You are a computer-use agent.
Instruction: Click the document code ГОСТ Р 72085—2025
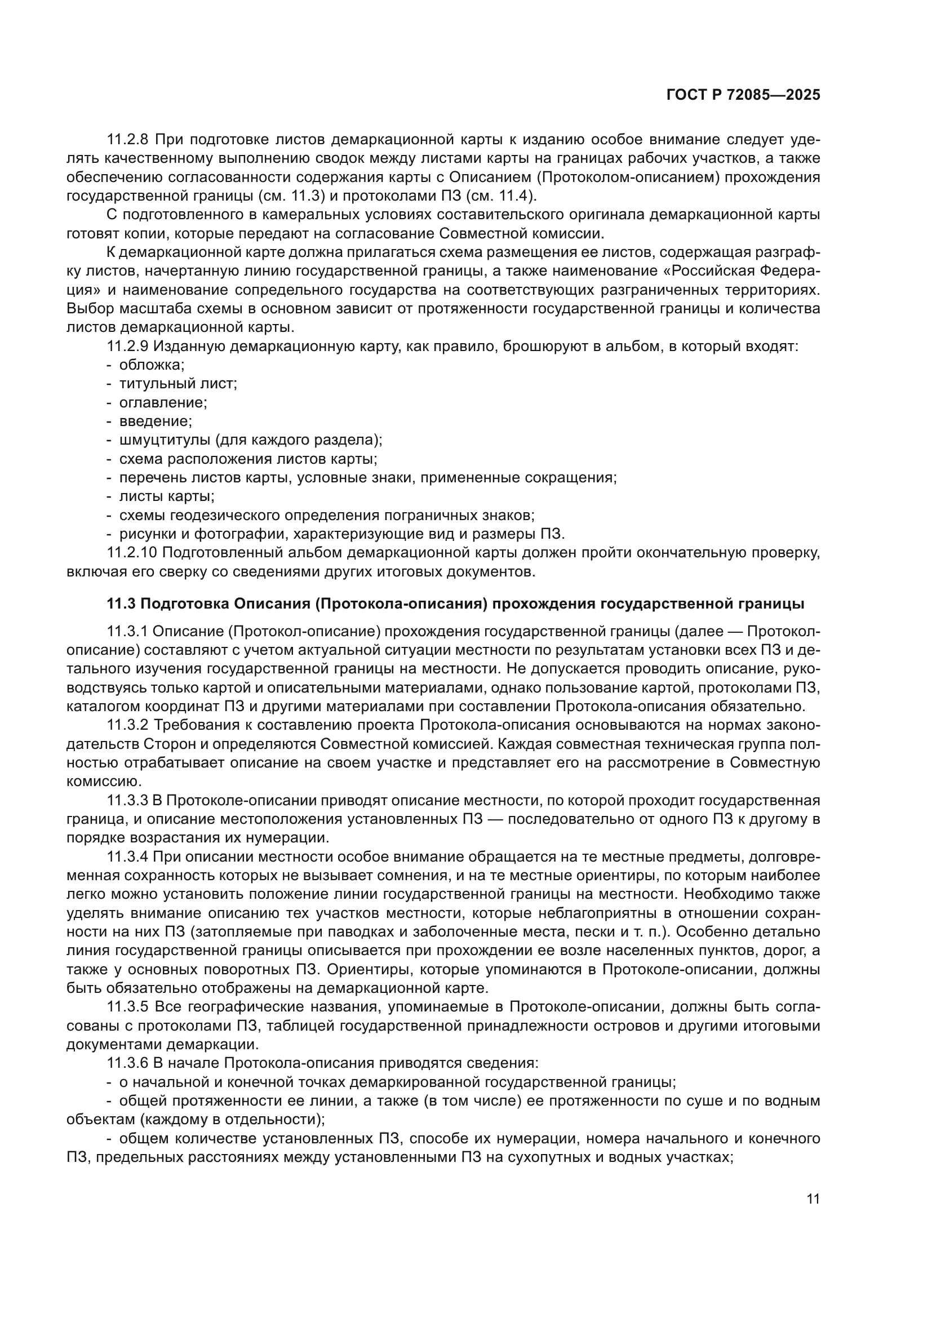pyautogui.click(x=743, y=95)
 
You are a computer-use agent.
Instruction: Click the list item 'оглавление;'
pyautogui.click(x=163, y=402)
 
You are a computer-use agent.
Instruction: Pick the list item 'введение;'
pyautogui.click(x=156, y=421)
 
